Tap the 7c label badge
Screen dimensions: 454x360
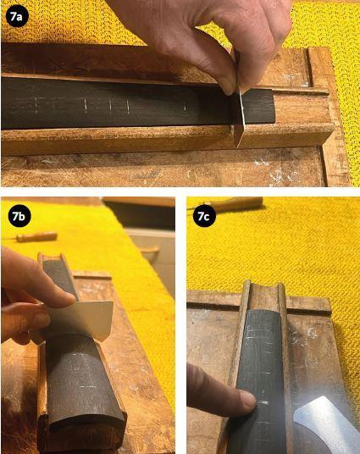[x=203, y=216]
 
